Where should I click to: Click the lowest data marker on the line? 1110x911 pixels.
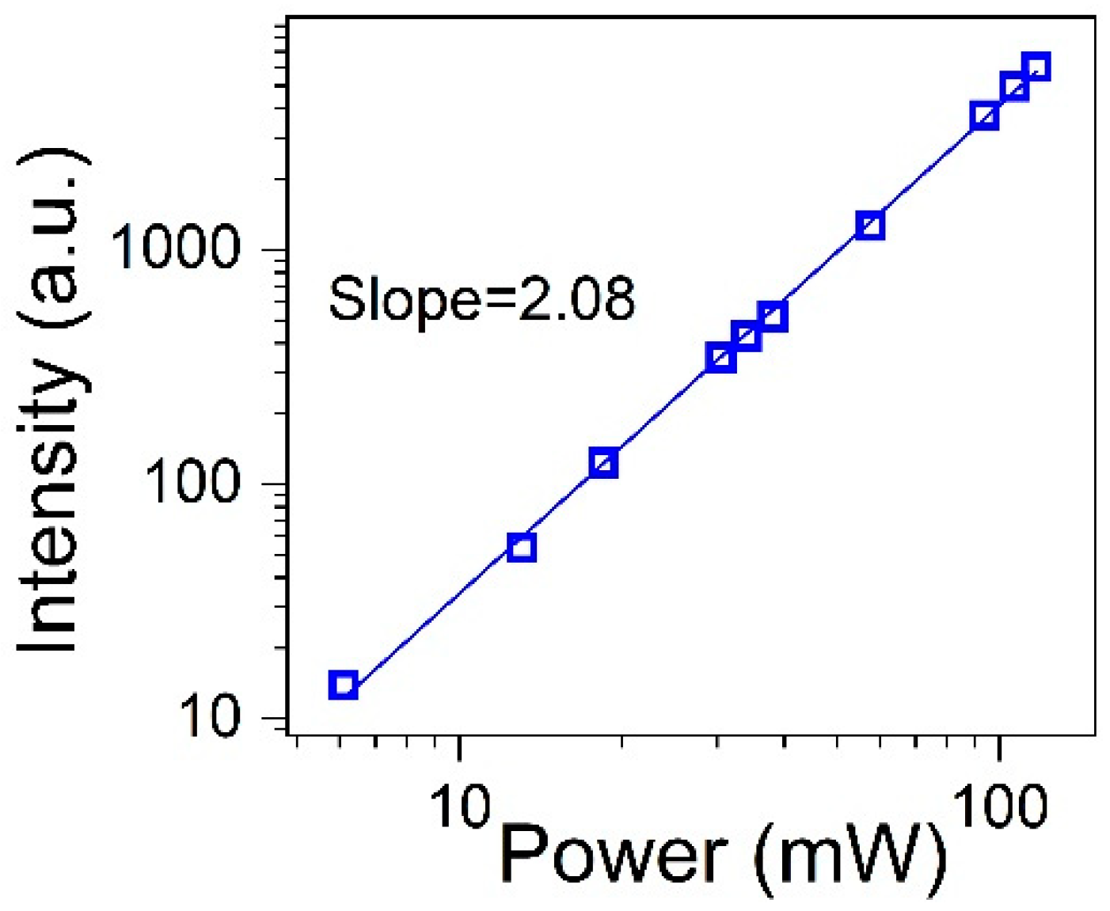coord(343,685)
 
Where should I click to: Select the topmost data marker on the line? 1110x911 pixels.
coord(1036,67)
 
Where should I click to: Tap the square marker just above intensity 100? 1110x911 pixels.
coord(603,463)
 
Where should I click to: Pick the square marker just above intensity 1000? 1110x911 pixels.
coord(869,226)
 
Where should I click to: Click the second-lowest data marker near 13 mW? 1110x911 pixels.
coord(521,547)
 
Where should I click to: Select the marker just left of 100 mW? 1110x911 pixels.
coord(984,116)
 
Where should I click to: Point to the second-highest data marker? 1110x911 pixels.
coord(1013,86)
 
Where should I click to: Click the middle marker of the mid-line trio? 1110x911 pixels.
coord(746,336)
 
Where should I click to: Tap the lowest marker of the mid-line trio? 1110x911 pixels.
coord(720,358)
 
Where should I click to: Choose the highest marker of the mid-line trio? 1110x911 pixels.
coord(772,317)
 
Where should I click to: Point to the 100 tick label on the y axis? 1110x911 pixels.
coord(192,482)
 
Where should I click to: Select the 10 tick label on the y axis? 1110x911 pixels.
coord(209,717)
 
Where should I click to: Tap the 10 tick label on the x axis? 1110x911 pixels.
coord(459,807)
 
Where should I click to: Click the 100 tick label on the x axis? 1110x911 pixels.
coord(999,807)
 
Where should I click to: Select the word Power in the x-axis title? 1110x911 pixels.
coord(613,856)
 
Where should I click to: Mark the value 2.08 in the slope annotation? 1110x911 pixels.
coord(576,299)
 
